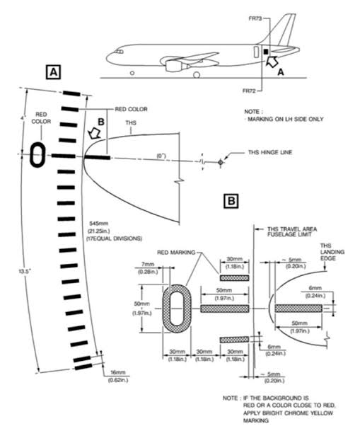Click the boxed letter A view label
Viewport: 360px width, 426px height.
pyautogui.click(x=53, y=72)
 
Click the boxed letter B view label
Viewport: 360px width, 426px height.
pyautogui.click(x=231, y=201)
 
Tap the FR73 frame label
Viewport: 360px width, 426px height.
pyautogui.click(x=255, y=18)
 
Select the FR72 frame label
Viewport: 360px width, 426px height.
pyautogui.click(x=249, y=91)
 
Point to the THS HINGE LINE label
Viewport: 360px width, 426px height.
pyautogui.click(x=270, y=152)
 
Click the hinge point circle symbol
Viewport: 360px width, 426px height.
pyautogui.click(x=221, y=163)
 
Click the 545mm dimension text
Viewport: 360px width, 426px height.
pyautogui.click(x=99, y=224)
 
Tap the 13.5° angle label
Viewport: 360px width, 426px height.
pyautogui.click(x=25, y=271)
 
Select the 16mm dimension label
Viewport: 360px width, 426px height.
pyautogui.click(x=118, y=372)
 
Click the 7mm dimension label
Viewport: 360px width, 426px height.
pyautogui.click(x=148, y=265)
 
